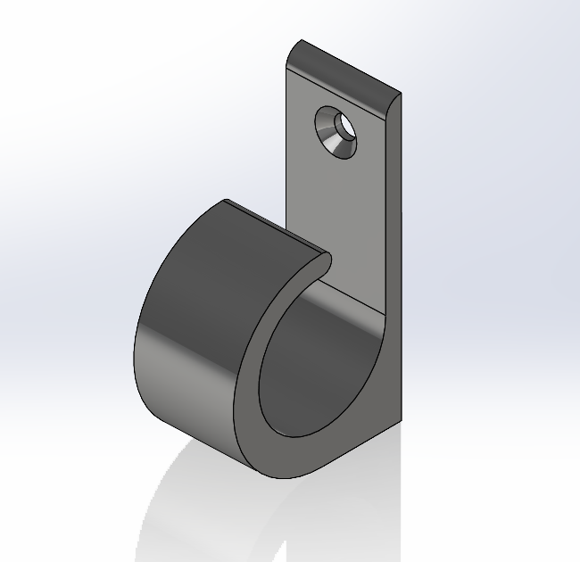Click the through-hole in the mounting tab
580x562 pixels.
pyautogui.click(x=343, y=124)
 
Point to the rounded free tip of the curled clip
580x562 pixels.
pyautogui.click(x=323, y=260)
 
